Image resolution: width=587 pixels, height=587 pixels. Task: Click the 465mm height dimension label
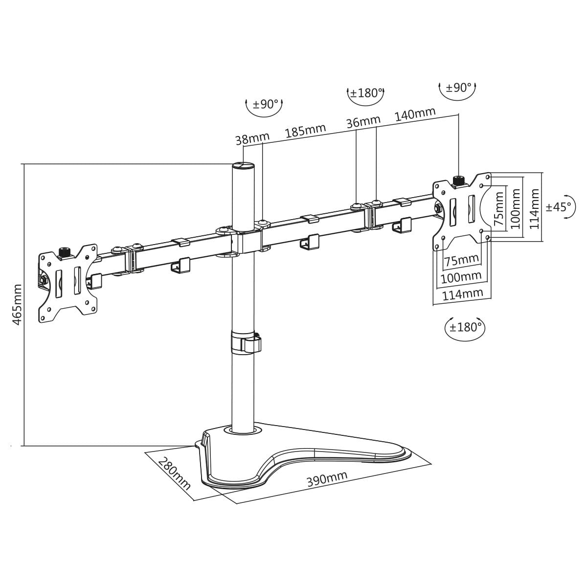[18, 305]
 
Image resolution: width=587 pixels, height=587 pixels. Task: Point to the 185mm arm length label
[305, 131]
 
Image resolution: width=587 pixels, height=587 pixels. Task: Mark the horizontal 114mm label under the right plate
[462, 294]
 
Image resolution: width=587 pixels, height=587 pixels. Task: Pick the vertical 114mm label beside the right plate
[535, 209]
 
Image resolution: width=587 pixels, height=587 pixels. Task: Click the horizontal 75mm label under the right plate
[462, 260]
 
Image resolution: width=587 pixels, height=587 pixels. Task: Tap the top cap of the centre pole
[243, 165]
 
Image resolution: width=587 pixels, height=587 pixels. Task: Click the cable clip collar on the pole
[246, 342]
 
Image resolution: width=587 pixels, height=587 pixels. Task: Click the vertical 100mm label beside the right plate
[516, 209]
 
